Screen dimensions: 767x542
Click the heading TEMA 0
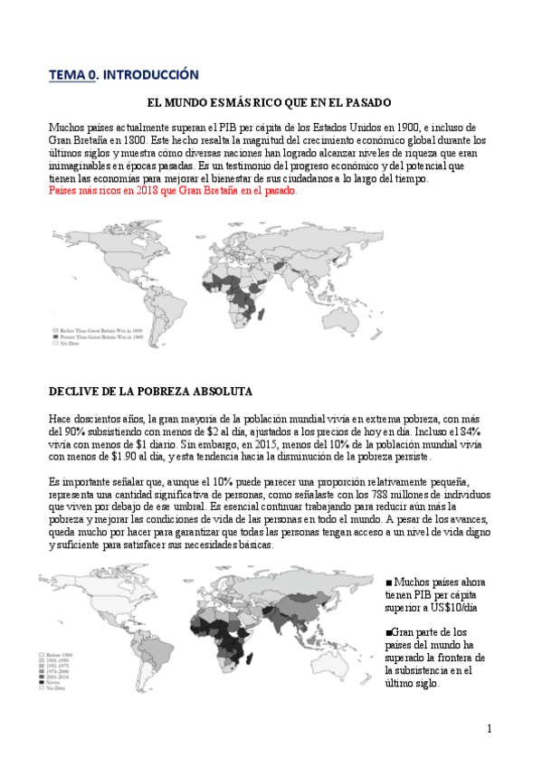pos(71,75)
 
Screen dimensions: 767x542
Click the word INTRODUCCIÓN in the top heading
pos(149,75)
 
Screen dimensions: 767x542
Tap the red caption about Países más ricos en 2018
pos(172,192)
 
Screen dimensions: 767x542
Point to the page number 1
pos(489,729)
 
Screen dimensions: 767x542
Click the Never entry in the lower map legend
pos(53,683)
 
